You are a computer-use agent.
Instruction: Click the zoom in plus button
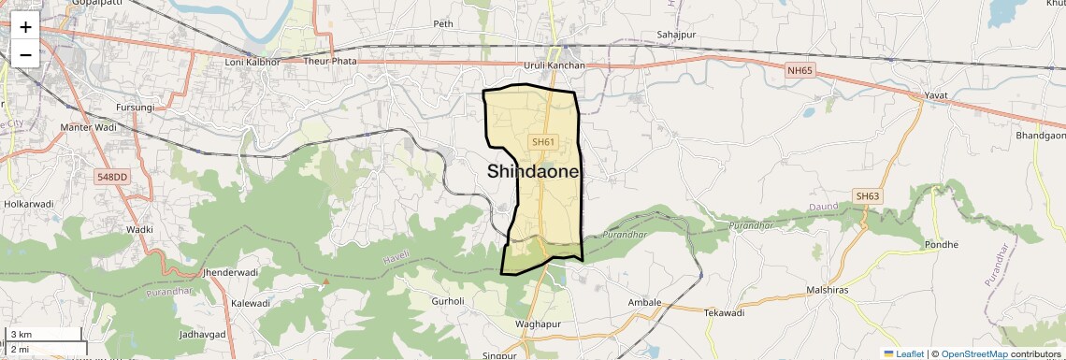25,26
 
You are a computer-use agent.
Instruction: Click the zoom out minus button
25,54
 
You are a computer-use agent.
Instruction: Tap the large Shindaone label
534,172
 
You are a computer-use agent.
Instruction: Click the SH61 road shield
543,142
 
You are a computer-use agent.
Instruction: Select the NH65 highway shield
799,70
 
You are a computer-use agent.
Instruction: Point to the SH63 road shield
867,195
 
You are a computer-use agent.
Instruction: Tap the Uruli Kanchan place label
554,65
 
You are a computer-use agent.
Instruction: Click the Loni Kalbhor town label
252,62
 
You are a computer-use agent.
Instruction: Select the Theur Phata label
331,62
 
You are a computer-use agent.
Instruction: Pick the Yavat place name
935,96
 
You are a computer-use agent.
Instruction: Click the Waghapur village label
537,324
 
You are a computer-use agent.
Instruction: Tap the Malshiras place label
827,291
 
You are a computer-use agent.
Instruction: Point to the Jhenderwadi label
230,272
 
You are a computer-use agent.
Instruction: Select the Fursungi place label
135,108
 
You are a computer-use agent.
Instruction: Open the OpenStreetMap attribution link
975,353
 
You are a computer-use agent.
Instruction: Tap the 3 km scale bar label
22,334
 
